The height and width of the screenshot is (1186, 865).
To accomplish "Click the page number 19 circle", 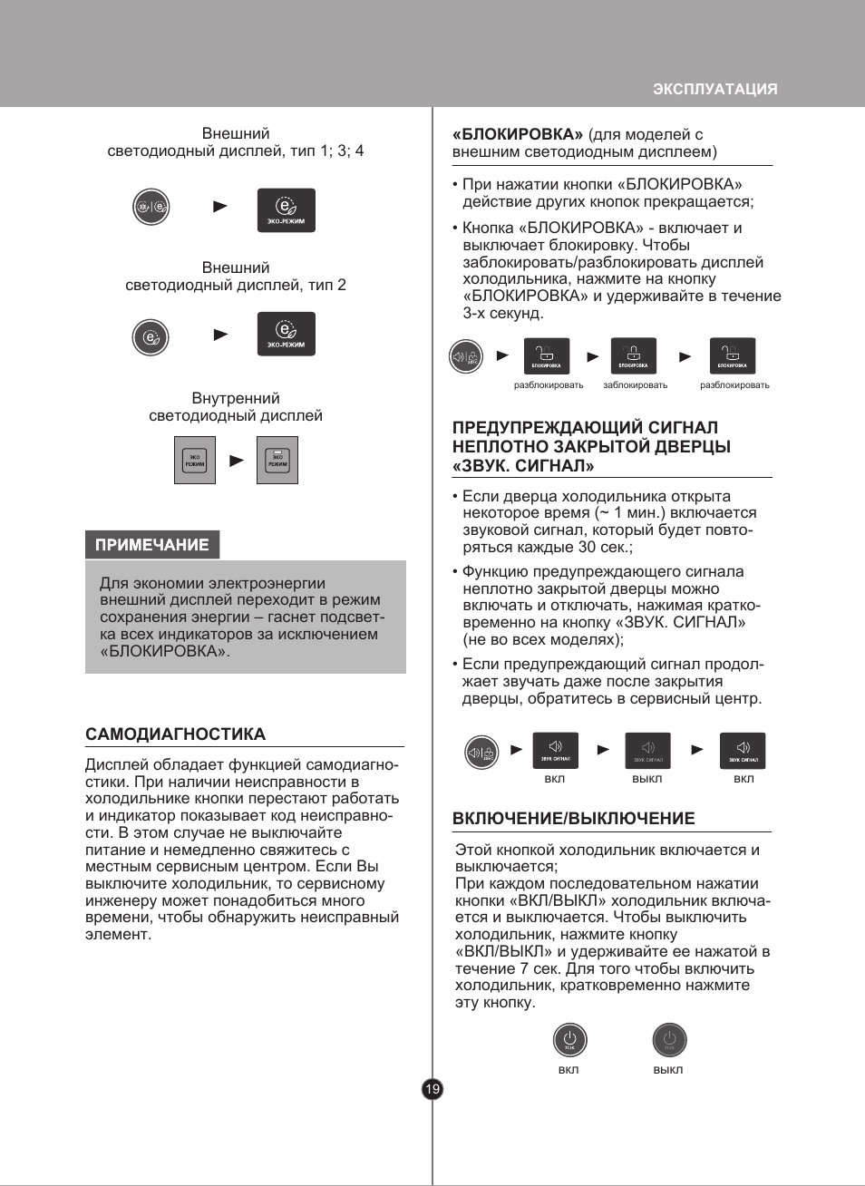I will click(x=432, y=1089).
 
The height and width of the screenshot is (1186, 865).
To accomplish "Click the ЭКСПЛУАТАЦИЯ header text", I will click(x=714, y=89).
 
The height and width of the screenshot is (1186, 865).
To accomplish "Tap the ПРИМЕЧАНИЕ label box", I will click(x=152, y=545).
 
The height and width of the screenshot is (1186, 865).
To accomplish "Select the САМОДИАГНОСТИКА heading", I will click(x=175, y=734).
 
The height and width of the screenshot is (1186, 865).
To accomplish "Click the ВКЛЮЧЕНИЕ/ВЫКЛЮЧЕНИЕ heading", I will click(x=573, y=819).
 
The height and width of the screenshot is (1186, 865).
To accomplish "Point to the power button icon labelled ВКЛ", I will click(x=569, y=1040).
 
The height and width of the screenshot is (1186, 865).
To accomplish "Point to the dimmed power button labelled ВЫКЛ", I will click(x=669, y=1040).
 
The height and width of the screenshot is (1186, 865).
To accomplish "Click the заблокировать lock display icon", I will click(x=633, y=355).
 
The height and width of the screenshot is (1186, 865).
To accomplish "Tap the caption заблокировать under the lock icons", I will click(x=635, y=385).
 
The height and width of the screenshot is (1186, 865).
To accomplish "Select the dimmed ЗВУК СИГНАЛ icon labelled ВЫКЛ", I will click(x=647, y=751).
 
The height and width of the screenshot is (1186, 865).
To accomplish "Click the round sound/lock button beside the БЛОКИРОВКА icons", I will click(x=466, y=356).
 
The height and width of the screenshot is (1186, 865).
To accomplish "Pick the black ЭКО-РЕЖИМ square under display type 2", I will click(x=286, y=334).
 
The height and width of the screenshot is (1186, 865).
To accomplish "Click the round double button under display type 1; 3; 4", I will click(x=151, y=207).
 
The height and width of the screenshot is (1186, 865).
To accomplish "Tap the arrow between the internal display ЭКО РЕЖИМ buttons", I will click(x=237, y=461).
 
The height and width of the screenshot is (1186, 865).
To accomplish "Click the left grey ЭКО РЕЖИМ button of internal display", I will click(x=195, y=460).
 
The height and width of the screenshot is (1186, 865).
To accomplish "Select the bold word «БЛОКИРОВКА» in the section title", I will click(x=518, y=134).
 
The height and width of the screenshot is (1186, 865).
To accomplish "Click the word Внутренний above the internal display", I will click(x=236, y=398).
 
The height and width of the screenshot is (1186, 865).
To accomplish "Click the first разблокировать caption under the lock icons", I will click(x=549, y=385).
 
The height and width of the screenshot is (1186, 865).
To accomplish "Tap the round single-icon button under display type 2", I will click(x=151, y=336).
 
